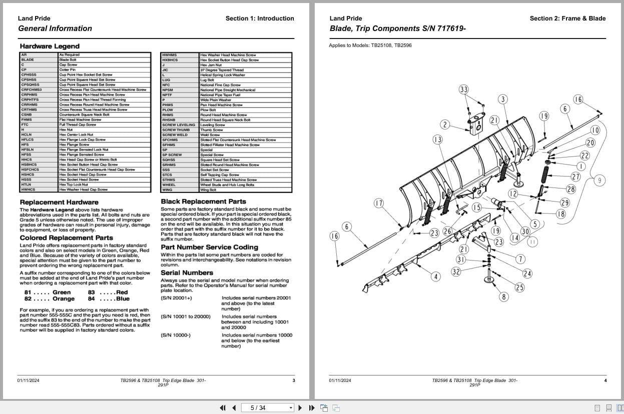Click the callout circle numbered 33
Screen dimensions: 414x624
[x=463, y=89]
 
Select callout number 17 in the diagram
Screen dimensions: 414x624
[x=379, y=203]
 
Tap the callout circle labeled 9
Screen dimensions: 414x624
[x=599, y=180]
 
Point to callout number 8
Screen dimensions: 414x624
[x=503, y=297]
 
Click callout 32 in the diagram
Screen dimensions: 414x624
[x=456, y=271]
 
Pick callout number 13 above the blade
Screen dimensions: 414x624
[x=437, y=139]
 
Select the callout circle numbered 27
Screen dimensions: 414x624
[x=575, y=176]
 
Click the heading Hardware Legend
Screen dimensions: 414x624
[x=50, y=46]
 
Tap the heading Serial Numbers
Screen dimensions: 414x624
[x=187, y=272]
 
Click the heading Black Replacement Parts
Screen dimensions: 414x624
[x=203, y=201]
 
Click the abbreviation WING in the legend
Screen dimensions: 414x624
[x=167, y=190]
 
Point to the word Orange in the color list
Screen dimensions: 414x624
[x=64, y=299]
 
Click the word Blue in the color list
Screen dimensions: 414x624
[x=123, y=299]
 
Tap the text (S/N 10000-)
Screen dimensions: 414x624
[x=175, y=335]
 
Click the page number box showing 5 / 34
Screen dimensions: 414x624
[x=268, y=407]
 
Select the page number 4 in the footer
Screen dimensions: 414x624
[x=605, y=380]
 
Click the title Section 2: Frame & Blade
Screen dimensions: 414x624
[x=567, y=18]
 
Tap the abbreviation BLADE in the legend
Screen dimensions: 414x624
[x=28, y=59]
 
